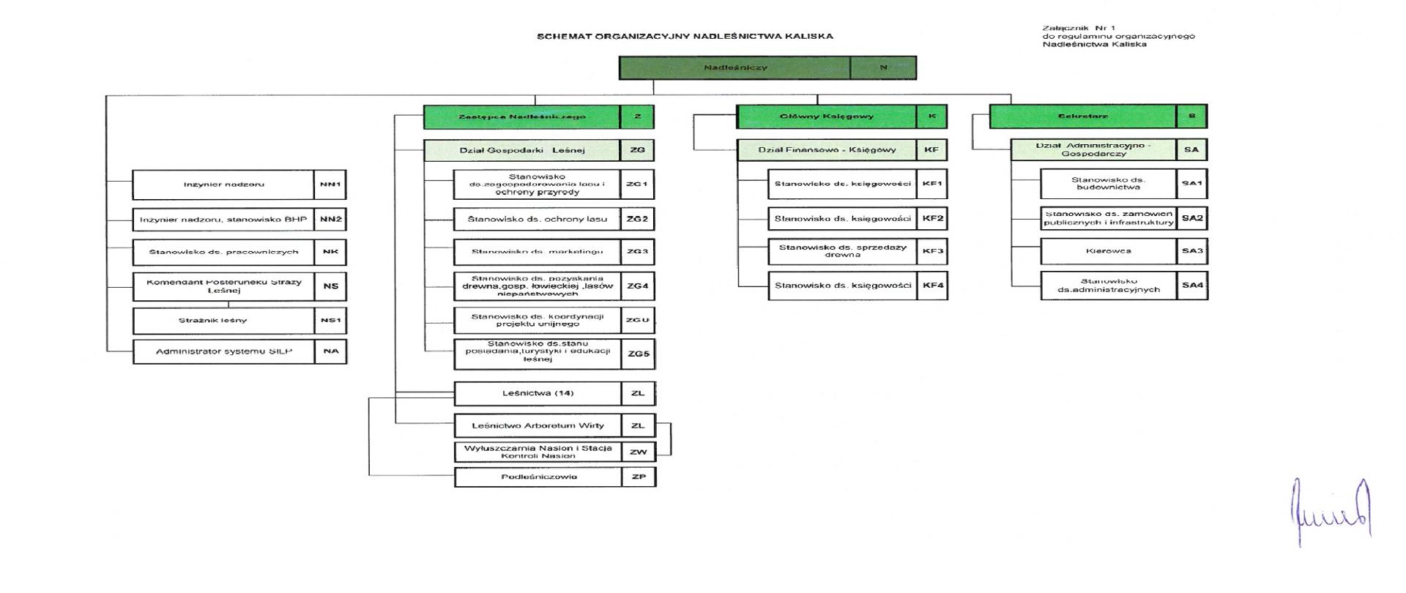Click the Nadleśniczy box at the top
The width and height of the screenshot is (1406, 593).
(734, 67)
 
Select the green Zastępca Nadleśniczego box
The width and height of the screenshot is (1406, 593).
(522, 116)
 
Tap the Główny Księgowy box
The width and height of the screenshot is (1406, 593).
(827, 116)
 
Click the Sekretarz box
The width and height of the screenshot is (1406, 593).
(1083, 116)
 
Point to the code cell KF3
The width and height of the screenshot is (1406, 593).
(933, 251)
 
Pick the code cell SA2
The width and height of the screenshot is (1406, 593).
(1192, 218)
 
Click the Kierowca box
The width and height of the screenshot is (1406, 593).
(1109, 251)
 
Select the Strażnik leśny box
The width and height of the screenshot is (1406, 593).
(223, 321)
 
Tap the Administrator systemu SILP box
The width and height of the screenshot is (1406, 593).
(223, 352)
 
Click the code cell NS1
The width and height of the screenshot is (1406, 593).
(330, 321)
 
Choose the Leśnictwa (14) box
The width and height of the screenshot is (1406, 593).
(538, 393)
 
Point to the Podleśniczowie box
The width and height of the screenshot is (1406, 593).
(538, 477)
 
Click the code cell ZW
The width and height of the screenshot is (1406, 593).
(638, 452)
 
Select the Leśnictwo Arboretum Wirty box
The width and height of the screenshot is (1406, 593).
(538, 425)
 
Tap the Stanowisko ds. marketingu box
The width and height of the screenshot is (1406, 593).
(537, 252)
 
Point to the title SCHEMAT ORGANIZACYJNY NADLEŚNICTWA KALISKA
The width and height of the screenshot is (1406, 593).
(685, 36)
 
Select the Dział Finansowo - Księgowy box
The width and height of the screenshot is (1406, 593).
(827, 150)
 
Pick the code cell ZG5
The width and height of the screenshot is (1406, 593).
(638, 354)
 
